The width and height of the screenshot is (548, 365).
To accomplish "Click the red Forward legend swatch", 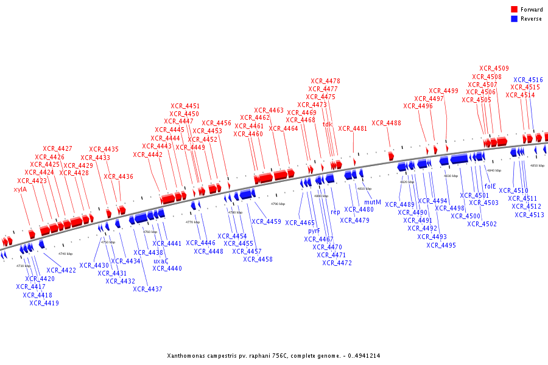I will click(x=514, y=10).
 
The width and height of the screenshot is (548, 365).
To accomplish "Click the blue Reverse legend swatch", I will click(x=514, y=19).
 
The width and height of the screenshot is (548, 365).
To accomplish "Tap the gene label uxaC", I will click(x=161, y=260).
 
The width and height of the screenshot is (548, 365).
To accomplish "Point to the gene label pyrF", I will click(x=314, y=231).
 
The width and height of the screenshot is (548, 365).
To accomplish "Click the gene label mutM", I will click(x=373, y=202).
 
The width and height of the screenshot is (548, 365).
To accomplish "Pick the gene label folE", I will click(x=490, y=186).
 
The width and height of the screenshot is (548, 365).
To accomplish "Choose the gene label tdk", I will click(x=328, y=124).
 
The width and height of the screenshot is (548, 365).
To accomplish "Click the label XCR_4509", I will click(x=494, y=68).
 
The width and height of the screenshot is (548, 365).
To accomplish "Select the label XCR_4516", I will click(x=528, y=80).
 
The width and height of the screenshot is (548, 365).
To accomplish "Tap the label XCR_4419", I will click(x=44, y=302).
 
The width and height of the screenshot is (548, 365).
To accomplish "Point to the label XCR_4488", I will click(x=386, y=123).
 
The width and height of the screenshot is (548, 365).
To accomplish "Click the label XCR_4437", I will click(x=147, y=288).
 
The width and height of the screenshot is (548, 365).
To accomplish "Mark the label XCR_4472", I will click(x=337, y=263).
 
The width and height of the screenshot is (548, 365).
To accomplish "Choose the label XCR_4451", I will click(x=184, y=106).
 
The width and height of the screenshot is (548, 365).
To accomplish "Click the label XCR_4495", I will click(x=441, y=245).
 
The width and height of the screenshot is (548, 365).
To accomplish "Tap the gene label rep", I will click(x=335, y=212).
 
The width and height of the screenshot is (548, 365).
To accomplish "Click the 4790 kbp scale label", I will click(x=278, y=204).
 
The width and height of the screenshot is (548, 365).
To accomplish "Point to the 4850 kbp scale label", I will click(x=537, y=165).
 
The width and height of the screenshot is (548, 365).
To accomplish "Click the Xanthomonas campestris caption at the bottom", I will click(x=273, y=355).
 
